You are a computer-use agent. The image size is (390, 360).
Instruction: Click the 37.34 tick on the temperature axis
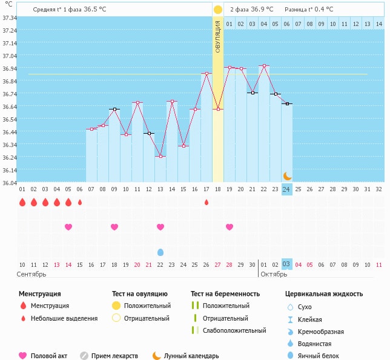[x=10, y=18]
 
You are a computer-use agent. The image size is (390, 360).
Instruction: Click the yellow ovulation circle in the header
[x=218, y=10]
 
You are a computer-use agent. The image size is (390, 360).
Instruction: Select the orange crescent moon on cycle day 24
[x=287, y=176]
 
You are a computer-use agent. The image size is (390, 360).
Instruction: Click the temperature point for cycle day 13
[x=160, y=156]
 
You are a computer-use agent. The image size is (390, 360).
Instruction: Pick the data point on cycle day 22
[x=264, y=65]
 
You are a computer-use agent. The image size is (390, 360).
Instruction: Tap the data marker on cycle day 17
[x=207, y=74]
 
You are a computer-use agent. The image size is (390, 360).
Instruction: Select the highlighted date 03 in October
[x=287, y=264]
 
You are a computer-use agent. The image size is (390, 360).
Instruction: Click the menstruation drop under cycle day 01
[x=22, y=202]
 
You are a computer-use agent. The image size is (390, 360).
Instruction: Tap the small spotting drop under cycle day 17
[x=207, y=202]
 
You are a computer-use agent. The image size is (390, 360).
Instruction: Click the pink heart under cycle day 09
[x=114, y=227]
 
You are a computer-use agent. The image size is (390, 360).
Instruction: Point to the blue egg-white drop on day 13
[x=160, y=252]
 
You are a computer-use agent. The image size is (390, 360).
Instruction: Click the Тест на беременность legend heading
[x=225, y=294]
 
